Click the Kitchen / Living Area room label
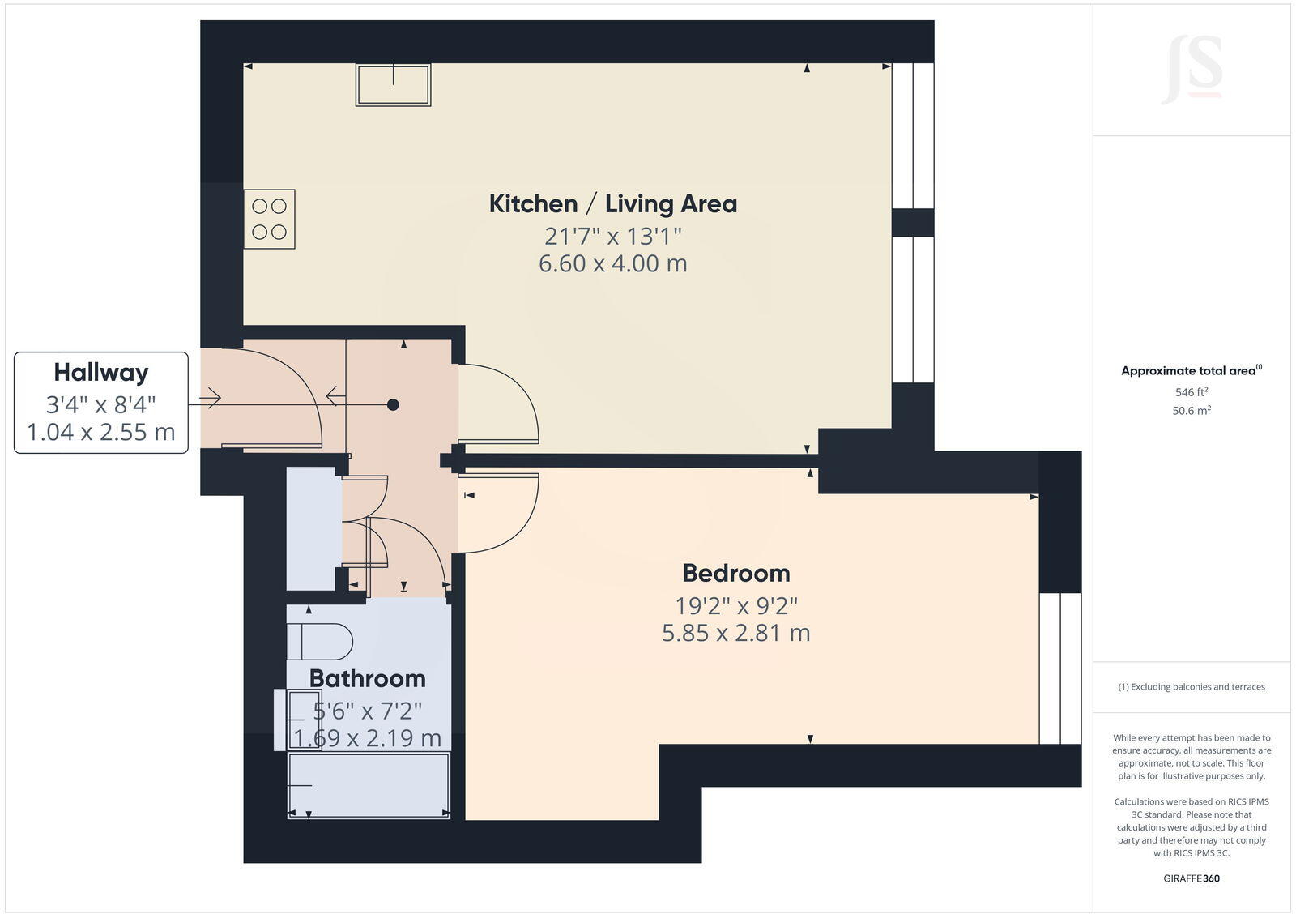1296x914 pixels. coord(612,203)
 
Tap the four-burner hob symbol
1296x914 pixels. coord(270,220)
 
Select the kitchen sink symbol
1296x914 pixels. coord(393,85)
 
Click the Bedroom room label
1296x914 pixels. coord(735,573)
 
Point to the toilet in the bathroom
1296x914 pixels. coord(320,642)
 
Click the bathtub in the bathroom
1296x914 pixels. coord(369,784)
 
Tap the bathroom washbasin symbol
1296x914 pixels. coord(304,720)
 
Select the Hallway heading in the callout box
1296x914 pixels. coord(101,373)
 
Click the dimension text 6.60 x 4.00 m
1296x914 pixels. coord(612,263)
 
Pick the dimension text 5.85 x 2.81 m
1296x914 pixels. coord(735,633)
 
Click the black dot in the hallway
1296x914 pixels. coord(393,404)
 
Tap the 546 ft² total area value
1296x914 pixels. coord(1192,392)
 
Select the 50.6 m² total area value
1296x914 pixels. coord(1192,411)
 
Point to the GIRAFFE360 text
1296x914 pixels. coord(1192,878)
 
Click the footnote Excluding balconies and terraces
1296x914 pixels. coord(1192,687)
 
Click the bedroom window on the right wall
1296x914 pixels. coord(1059,668)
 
